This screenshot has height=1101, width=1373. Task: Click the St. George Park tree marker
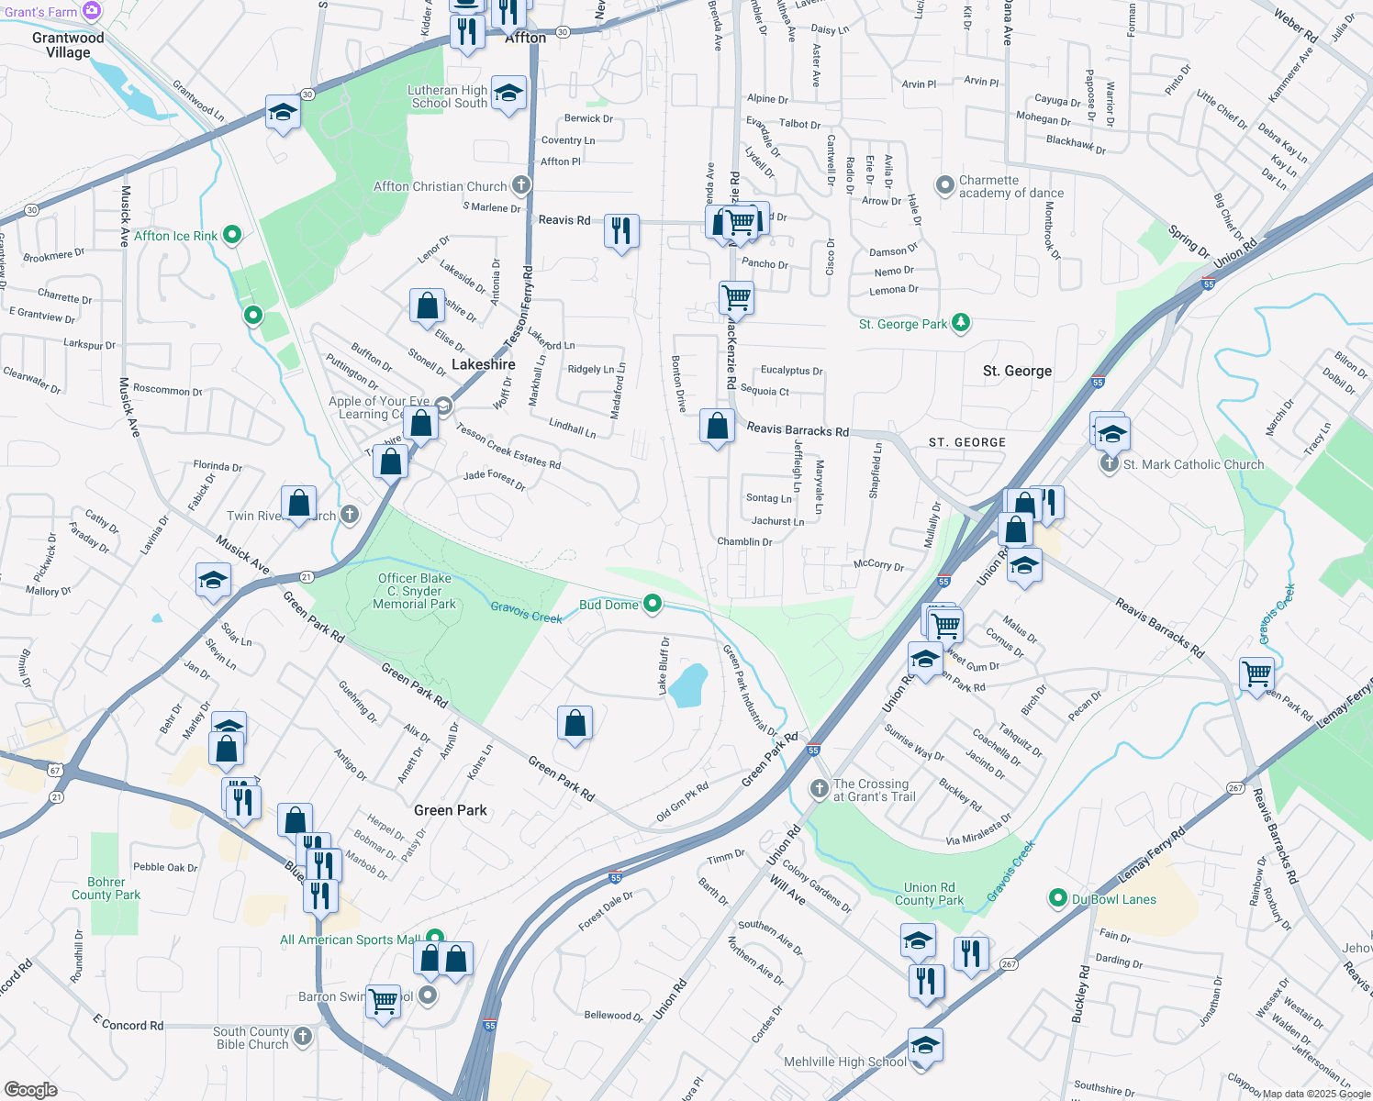point(960,323)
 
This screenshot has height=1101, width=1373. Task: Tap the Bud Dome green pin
point(653,604)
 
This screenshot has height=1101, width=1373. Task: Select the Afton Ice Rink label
point(175,236)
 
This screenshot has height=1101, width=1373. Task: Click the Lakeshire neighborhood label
point(484,364)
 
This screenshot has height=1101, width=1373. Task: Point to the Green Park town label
point(450,810)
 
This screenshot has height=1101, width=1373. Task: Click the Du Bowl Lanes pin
point(1058,898)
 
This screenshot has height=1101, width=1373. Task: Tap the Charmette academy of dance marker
point(945,186)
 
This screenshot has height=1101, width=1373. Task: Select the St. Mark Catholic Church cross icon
point(1109,464)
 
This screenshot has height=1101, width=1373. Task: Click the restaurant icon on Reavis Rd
point(621,230)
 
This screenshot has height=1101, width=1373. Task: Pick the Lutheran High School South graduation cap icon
point(508,94)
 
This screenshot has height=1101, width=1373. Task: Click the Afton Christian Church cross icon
point(520,185)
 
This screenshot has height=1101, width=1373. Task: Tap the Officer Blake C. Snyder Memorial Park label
point(415,591)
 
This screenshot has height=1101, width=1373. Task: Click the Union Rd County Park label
point(929,894)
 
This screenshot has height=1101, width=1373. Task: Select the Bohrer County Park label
point(106,888)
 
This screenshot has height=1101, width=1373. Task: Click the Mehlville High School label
point(844,1062)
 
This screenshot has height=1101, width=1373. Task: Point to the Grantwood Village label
point(68,45)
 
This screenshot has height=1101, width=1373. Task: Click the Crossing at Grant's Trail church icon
point(819,789)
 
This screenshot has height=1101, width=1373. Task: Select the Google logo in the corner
point(30,1089)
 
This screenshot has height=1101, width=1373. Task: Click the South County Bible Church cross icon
point(303,1037)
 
